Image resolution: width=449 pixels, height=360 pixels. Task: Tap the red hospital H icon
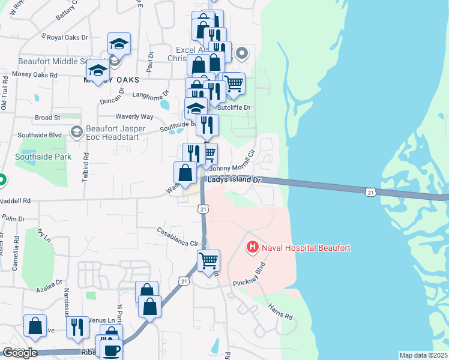(253, 247)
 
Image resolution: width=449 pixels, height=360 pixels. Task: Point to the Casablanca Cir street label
(178, 237)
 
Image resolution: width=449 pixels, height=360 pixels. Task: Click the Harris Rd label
(280, 311)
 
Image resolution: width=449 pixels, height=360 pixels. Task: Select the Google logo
(19, 353)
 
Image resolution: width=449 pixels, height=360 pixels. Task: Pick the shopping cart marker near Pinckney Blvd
(208, 261)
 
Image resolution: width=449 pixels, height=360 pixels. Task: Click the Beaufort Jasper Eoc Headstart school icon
(76, 131)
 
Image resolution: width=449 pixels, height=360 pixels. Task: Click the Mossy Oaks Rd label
(37, 76)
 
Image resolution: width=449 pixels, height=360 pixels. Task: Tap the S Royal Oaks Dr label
(64, 37)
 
